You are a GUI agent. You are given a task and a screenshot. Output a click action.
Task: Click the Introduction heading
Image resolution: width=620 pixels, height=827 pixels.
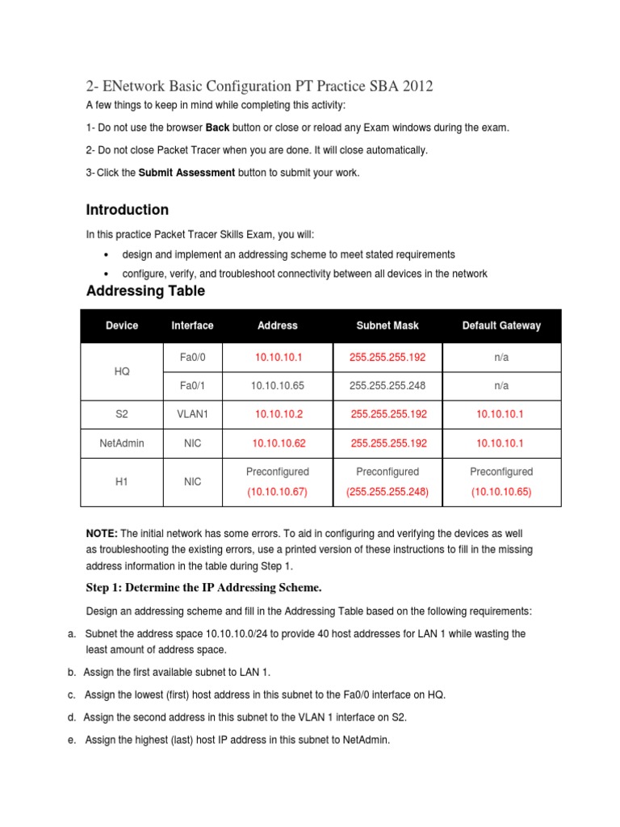pos(127,210)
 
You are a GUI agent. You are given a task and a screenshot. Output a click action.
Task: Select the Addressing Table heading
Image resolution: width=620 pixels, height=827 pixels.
pos(145,291)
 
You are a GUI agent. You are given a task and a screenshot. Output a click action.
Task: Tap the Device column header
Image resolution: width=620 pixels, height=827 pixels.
pos(122,325)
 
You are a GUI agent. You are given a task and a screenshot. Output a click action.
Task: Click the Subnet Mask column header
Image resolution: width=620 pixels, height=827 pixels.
pos(387,325)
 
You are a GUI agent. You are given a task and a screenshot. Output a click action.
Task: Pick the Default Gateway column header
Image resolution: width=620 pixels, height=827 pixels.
pos(501,325)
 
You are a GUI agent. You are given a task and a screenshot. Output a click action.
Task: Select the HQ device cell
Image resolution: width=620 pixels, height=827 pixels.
pos(122,372)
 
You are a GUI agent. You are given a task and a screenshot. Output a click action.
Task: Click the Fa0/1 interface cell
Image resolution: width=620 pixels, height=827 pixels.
pos(192,386)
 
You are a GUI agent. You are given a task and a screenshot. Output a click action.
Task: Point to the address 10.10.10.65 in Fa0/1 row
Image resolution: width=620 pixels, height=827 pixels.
pos(277,386)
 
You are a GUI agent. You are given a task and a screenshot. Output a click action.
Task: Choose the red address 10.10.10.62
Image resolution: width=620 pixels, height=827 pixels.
pos(279,443)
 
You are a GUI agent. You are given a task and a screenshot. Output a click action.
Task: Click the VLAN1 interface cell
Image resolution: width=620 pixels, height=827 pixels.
pos(192,414)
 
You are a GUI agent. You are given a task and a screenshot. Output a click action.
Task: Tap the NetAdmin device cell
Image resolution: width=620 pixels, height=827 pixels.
pos(122,443)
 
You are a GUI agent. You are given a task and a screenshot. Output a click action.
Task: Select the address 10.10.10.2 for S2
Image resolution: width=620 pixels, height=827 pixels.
pos(279,414)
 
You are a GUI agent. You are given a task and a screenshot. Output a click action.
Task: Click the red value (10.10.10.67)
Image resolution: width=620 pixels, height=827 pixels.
pos(278,492)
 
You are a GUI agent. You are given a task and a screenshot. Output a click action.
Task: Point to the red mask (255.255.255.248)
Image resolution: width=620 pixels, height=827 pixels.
pos(387,492)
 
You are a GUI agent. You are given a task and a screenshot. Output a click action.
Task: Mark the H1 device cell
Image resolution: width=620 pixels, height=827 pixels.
pos(122,481)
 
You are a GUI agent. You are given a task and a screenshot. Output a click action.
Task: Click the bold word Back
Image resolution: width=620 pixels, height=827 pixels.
pos(218,128)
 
